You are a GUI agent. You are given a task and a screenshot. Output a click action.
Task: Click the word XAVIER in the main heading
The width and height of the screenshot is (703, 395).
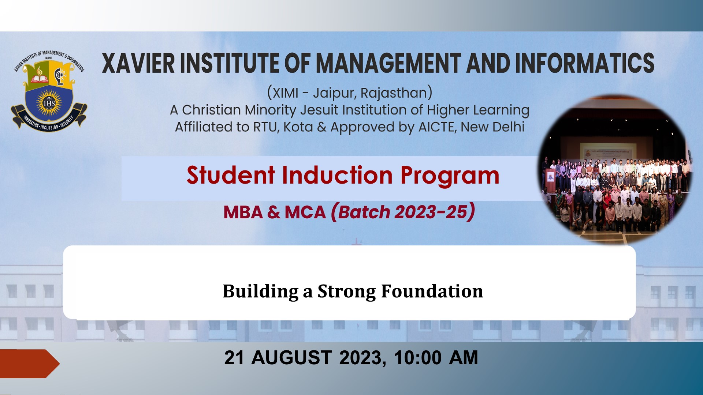point(138,63)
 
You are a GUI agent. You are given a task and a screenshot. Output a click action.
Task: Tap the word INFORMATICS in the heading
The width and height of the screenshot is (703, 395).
point(585,63)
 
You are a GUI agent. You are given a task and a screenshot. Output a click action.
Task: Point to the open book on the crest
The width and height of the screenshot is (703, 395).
point(39,78)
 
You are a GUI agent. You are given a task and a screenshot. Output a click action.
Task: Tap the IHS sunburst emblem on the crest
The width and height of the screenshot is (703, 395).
point(49,103)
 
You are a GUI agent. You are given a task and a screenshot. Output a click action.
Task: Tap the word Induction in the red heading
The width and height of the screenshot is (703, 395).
point(337,175)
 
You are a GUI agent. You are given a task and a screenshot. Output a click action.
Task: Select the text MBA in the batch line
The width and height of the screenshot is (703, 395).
point(243,212)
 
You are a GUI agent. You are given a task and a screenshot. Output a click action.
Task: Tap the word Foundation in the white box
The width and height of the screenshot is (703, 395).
point(432,291)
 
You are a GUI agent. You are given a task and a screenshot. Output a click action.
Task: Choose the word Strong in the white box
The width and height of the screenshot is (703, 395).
point(346,292)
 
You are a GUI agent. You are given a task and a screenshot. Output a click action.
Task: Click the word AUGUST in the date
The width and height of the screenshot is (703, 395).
point(291,358)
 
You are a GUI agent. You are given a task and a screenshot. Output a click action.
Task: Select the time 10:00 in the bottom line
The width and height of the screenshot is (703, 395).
point(418,358)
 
